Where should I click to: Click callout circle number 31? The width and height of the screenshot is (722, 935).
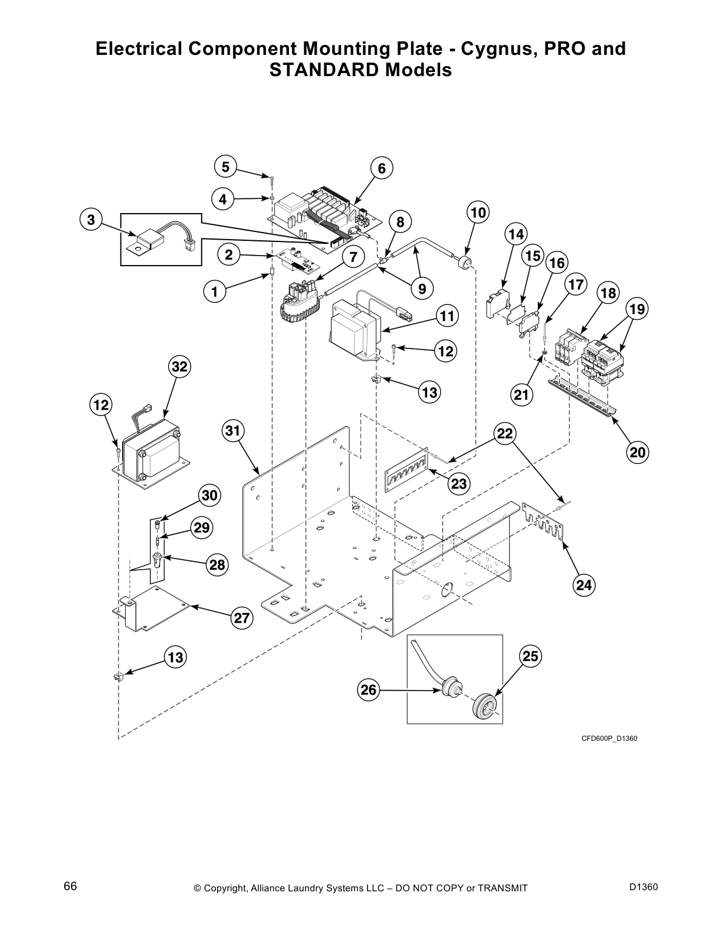coord(234,431)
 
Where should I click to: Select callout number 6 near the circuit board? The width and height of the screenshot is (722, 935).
coord(382,169)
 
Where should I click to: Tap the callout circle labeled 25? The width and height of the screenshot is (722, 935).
coord(530,656)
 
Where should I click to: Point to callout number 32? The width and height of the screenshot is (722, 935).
coord(179,367)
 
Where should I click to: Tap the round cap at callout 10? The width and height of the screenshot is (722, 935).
coord(465,261)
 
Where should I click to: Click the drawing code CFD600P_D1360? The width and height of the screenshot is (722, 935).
coord(609,738)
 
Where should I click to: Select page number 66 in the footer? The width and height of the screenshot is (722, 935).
coord(70,887)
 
